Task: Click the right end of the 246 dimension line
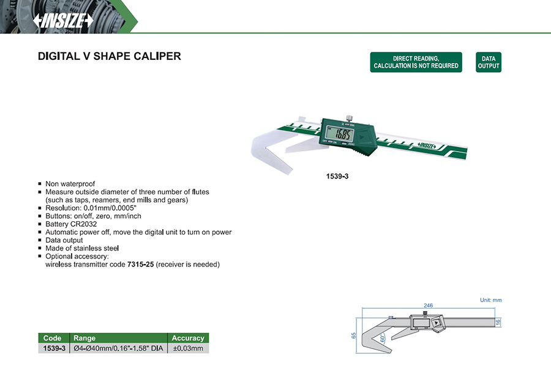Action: (495, 309)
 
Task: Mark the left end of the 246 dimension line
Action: (362, 309)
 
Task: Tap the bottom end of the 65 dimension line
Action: (357, 353)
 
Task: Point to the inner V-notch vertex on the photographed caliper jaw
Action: (266, 149)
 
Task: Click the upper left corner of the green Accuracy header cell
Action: (168, 333)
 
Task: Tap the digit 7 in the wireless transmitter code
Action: (129, 265)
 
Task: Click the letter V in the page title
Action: (86, 56)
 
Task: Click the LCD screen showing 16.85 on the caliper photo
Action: (339, 133)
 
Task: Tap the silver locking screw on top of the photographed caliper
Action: (350, 118)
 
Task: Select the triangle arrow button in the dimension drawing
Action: (437, 323)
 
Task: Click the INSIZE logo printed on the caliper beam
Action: (427, 145)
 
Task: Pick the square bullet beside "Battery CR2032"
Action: (40, 224)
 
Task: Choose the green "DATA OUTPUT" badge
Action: (489, 62)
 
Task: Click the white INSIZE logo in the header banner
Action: (63, 21)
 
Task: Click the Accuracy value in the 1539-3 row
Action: (188, 348)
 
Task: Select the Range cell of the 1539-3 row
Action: (118, 348)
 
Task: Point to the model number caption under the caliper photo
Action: (337, 176)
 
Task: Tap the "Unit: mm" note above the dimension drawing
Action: (491, 300)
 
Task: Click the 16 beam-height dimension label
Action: (498, 322)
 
